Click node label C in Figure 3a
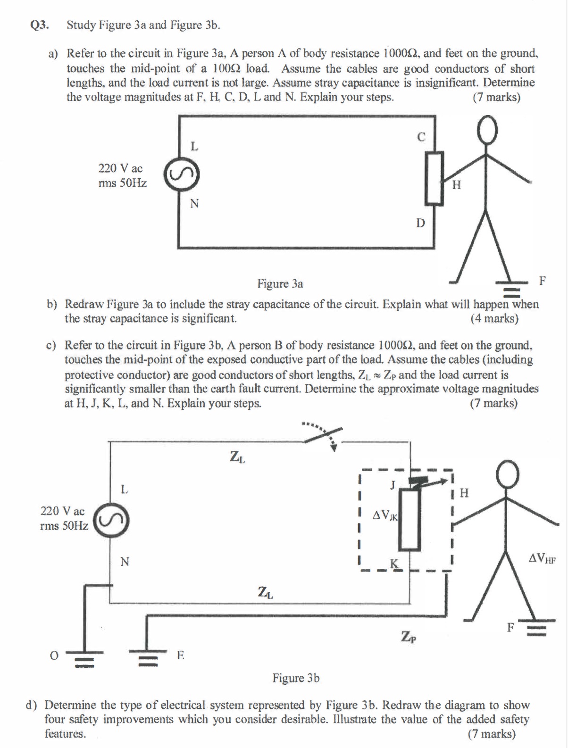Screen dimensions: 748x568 point(421,137)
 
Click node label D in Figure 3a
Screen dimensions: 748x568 point(420,222)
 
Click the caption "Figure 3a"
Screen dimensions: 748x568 point(280,283)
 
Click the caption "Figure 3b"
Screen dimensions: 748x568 point(296,678)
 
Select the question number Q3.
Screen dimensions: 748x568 point(40,25)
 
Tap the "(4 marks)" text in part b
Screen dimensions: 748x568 point(494,318)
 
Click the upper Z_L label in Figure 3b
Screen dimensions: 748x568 point(237,457)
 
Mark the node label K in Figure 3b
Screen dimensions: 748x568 point(394,563)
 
